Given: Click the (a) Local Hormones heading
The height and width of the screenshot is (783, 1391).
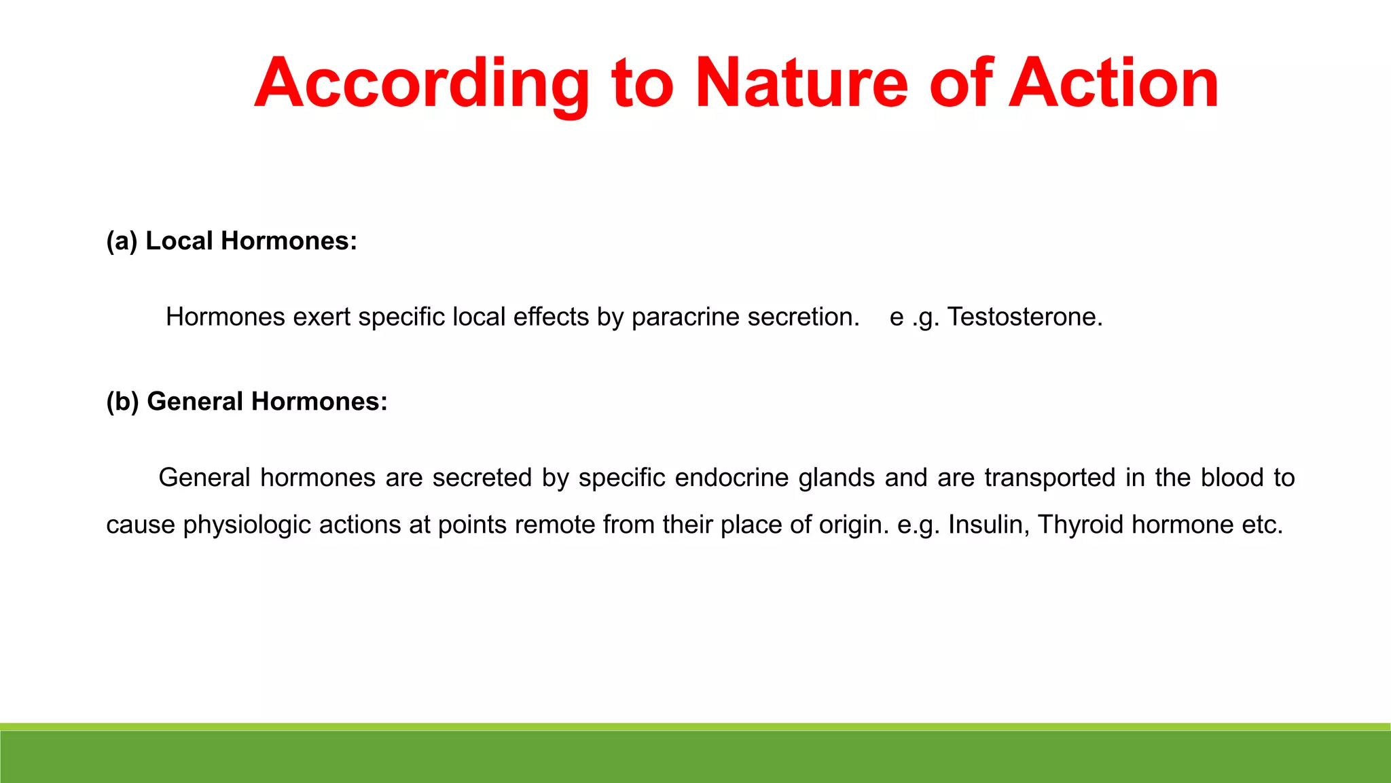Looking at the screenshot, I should pyautogui.click(x=232, y=241).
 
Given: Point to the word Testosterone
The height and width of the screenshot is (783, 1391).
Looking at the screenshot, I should pyautogui.click(x=1024, y=317).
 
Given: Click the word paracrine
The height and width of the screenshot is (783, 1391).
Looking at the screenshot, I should pyautogui.click(x=685, y=317).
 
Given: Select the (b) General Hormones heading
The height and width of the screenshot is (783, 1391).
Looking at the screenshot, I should pyautogui.click(x=247, y=402).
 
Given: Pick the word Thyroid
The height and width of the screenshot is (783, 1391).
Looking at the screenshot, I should pyautogui.click(x=1080, y=525).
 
